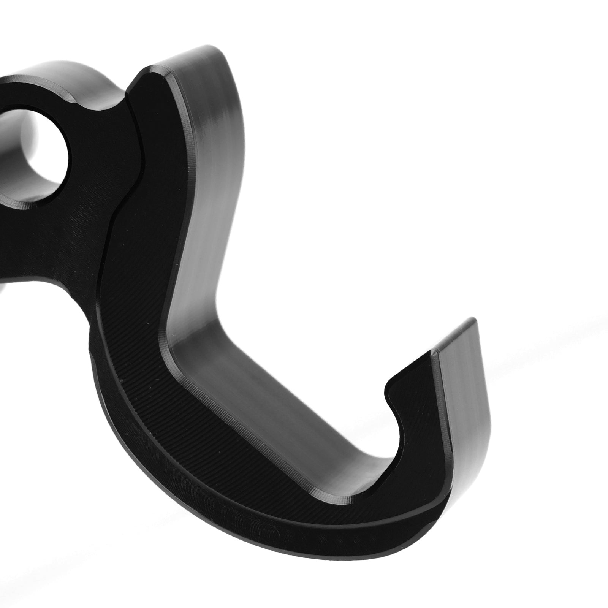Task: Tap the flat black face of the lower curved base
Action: coord(228,456)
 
